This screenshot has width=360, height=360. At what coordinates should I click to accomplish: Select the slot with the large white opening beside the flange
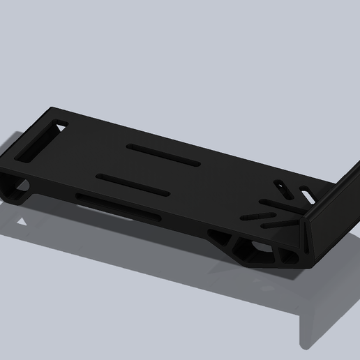pyautogui.click(x=305, y=190)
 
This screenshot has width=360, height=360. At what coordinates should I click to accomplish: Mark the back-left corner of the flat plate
pyautogui.click(x=54, y=110)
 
